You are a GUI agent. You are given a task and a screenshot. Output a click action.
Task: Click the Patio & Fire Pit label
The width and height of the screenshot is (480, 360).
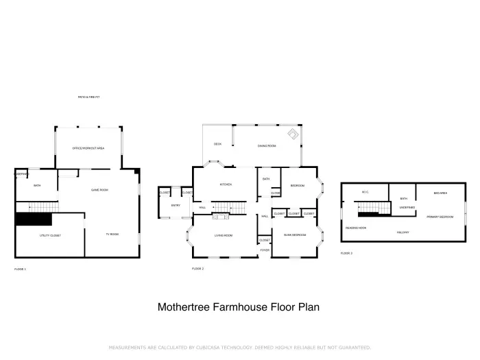(89, 97)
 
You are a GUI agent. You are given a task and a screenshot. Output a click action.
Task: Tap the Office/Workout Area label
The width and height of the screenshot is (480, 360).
(88, 148)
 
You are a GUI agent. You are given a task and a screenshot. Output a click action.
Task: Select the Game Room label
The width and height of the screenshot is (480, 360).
(100, 189)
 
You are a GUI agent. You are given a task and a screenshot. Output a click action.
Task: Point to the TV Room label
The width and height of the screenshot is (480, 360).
(112, 235)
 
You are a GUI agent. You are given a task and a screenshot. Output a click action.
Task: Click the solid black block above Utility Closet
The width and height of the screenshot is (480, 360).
(34, 219)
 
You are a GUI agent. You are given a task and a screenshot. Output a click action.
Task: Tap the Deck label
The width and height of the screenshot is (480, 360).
(217, 144)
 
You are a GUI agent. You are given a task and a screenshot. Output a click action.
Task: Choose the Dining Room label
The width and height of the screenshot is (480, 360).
(267, 146)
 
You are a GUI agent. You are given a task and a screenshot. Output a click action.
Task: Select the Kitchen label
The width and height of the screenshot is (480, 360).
(225, 184)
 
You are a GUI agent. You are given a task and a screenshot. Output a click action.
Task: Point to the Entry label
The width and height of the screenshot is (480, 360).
(176, 206)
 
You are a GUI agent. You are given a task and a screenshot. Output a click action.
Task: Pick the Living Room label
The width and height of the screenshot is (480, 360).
(224, 236)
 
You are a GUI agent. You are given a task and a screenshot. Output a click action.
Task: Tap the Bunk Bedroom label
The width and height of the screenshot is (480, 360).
(294, 236)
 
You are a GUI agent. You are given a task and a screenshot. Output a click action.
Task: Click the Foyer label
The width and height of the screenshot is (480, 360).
(265, 250)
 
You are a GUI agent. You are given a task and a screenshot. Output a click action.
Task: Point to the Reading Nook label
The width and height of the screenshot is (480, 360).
(355, 227)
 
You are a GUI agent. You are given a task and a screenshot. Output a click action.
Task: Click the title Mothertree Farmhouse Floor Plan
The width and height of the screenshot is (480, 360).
(239, 307)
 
